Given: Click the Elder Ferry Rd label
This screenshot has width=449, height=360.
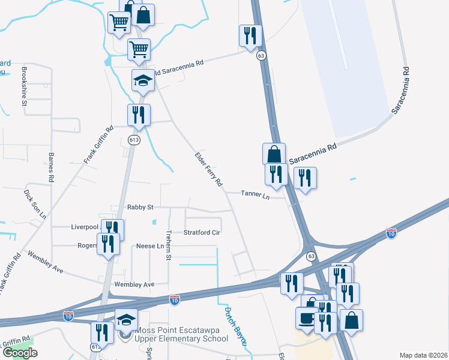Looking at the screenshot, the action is click(209, 169).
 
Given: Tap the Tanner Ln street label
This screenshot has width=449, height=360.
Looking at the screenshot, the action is click(255, 194).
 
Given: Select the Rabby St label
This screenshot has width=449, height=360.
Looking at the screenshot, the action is click(140, 207).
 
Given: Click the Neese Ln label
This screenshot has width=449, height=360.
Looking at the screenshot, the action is click(150, 246).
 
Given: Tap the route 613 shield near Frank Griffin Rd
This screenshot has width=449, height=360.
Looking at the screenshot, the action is click(133, 140).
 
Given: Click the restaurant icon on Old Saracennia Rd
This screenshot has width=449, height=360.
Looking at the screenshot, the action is click(250, 36).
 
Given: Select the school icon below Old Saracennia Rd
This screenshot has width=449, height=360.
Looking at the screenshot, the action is click(143, 80).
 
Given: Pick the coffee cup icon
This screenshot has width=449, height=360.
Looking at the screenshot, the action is click(307, 318).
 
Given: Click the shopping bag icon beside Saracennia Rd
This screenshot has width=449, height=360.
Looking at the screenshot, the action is click(274, 154).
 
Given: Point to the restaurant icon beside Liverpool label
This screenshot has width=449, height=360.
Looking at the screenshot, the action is click(112, 229).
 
